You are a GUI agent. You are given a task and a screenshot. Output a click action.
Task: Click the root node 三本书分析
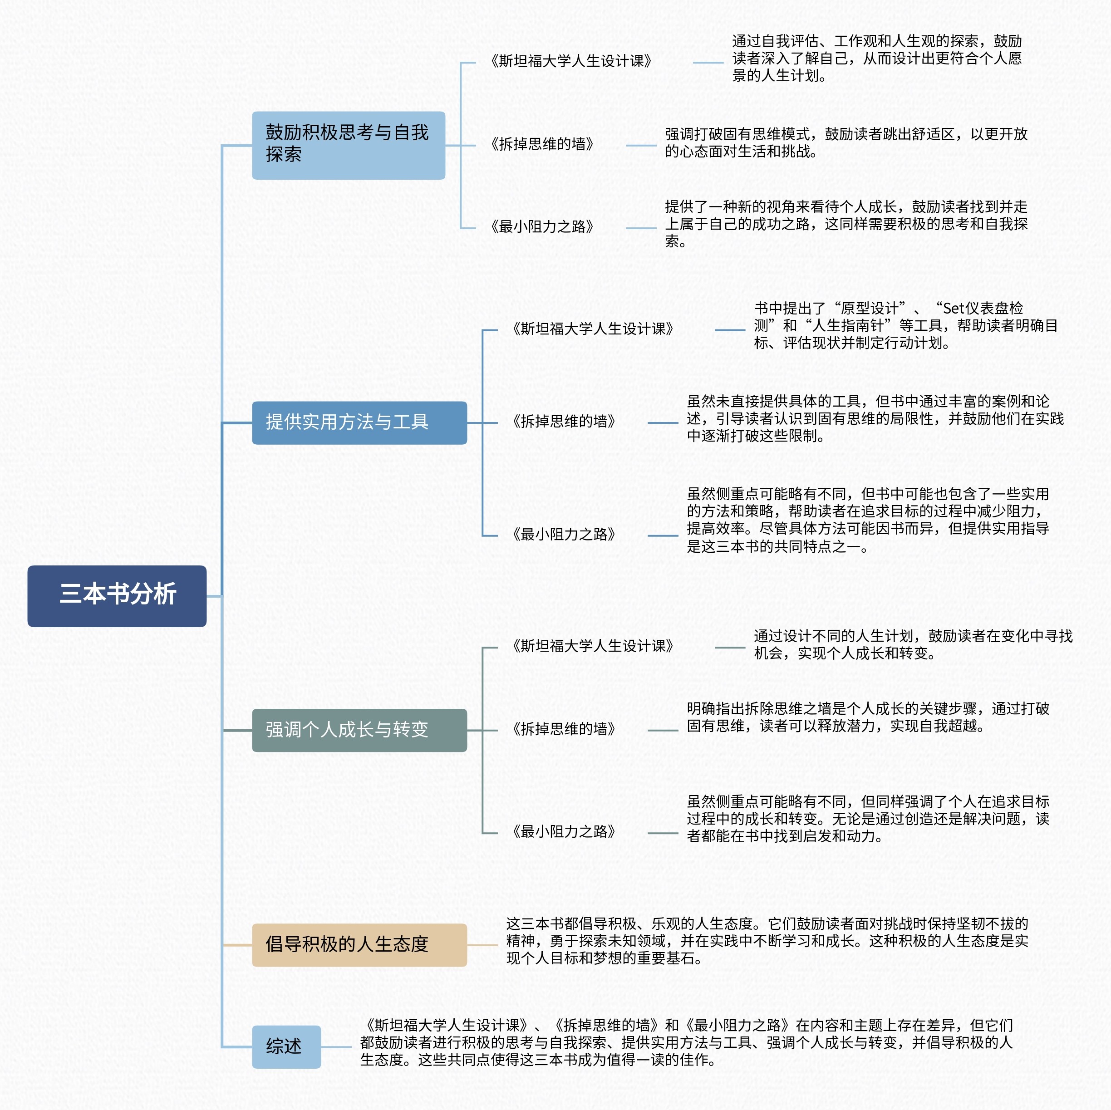tap(117, 596)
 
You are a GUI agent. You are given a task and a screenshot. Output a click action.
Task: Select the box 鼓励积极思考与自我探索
tap(349, 146)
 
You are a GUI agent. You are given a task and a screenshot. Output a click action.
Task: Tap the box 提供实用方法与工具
tap(359, 423)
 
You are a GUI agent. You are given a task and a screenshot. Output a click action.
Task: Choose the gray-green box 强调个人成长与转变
tap(359, 731)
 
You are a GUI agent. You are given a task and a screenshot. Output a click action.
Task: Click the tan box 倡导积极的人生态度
tap(359, 945)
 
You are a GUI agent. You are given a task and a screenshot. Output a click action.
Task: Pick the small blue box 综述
tap(286, 1047)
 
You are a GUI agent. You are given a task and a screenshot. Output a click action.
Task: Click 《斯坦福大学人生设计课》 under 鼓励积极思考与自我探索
tap(571, 61)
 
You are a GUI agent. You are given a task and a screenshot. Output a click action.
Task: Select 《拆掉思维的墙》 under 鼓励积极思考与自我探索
tap(542, 144)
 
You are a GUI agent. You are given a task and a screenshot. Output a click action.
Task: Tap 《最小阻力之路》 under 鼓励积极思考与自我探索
tap(542, 226)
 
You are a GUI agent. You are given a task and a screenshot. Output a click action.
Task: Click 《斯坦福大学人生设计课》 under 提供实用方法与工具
tap(593, 329)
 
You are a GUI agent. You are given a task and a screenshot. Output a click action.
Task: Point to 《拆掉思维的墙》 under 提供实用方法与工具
tap(564, 422)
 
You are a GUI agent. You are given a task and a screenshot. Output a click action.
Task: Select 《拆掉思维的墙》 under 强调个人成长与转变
tap(564, 729)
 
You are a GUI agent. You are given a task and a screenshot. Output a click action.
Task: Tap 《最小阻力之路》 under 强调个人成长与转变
tap(564, 832)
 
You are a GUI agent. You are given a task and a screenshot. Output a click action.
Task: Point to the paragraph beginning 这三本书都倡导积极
tap(767, 941)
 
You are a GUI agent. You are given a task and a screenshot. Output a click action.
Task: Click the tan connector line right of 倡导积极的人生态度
tap(482, 945)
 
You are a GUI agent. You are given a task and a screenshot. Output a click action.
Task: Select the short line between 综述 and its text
tap(336, 1047)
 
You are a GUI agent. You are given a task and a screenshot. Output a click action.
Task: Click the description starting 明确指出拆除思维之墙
tap(868, 717)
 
